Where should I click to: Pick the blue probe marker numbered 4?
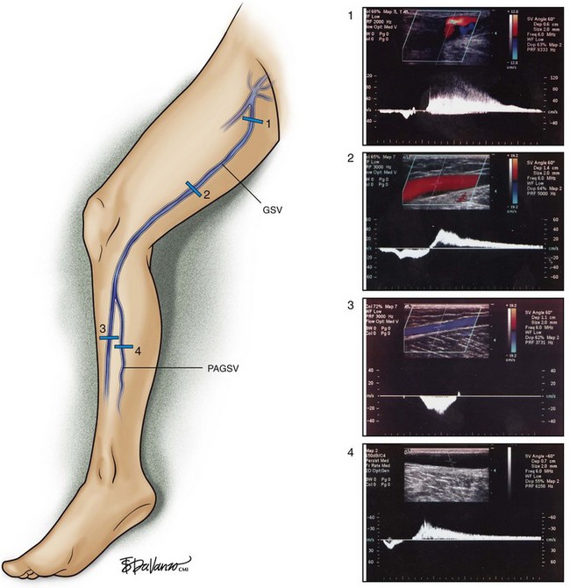click(125, 347)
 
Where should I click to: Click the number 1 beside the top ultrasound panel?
click(349, 15)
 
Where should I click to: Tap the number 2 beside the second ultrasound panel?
click(349, 159)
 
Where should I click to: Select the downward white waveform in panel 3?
click(436, 405)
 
